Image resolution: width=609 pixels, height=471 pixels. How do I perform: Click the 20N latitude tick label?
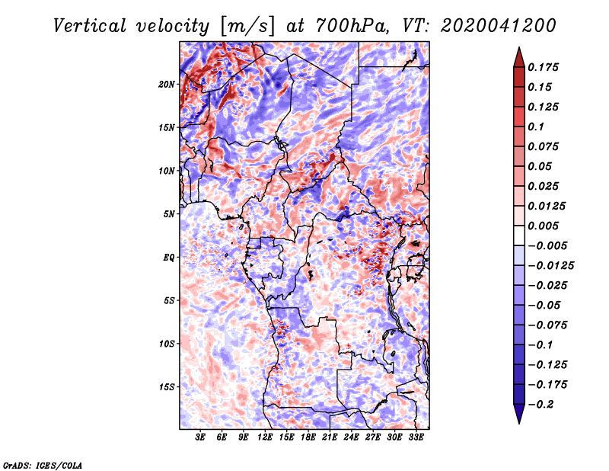click(167, 85)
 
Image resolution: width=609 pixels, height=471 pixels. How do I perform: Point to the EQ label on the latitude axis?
click(169, 258)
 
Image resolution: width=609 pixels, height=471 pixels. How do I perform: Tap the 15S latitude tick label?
click(167, 387)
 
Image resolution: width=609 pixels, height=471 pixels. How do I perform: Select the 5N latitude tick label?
click(169, 214)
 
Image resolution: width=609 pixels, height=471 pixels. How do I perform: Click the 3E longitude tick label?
click(200, 437)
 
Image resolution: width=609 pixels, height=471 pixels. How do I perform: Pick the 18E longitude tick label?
click(308, 437)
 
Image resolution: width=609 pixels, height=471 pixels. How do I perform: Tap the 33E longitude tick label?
click(416, 437)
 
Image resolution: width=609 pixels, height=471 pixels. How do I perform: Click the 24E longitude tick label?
click(351, 437)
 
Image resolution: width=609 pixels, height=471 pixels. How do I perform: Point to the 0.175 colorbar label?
click(543, 67)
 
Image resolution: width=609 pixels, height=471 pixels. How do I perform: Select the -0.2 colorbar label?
click(540, 405)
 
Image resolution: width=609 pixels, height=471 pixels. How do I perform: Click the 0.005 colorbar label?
click(543, 226)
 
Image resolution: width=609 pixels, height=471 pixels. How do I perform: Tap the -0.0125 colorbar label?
click(550, 266)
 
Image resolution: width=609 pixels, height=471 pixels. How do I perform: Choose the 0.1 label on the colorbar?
click(536, 127)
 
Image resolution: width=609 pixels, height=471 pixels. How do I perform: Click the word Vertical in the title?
click(90, 26)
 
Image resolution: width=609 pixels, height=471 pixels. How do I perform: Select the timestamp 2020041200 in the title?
click(499, 26)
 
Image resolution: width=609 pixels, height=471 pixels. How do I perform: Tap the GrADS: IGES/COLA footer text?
click(43, 466)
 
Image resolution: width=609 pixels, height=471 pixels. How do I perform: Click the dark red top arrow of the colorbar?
click(519, 57)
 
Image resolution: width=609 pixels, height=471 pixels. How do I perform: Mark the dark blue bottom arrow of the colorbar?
click(519, 414)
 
